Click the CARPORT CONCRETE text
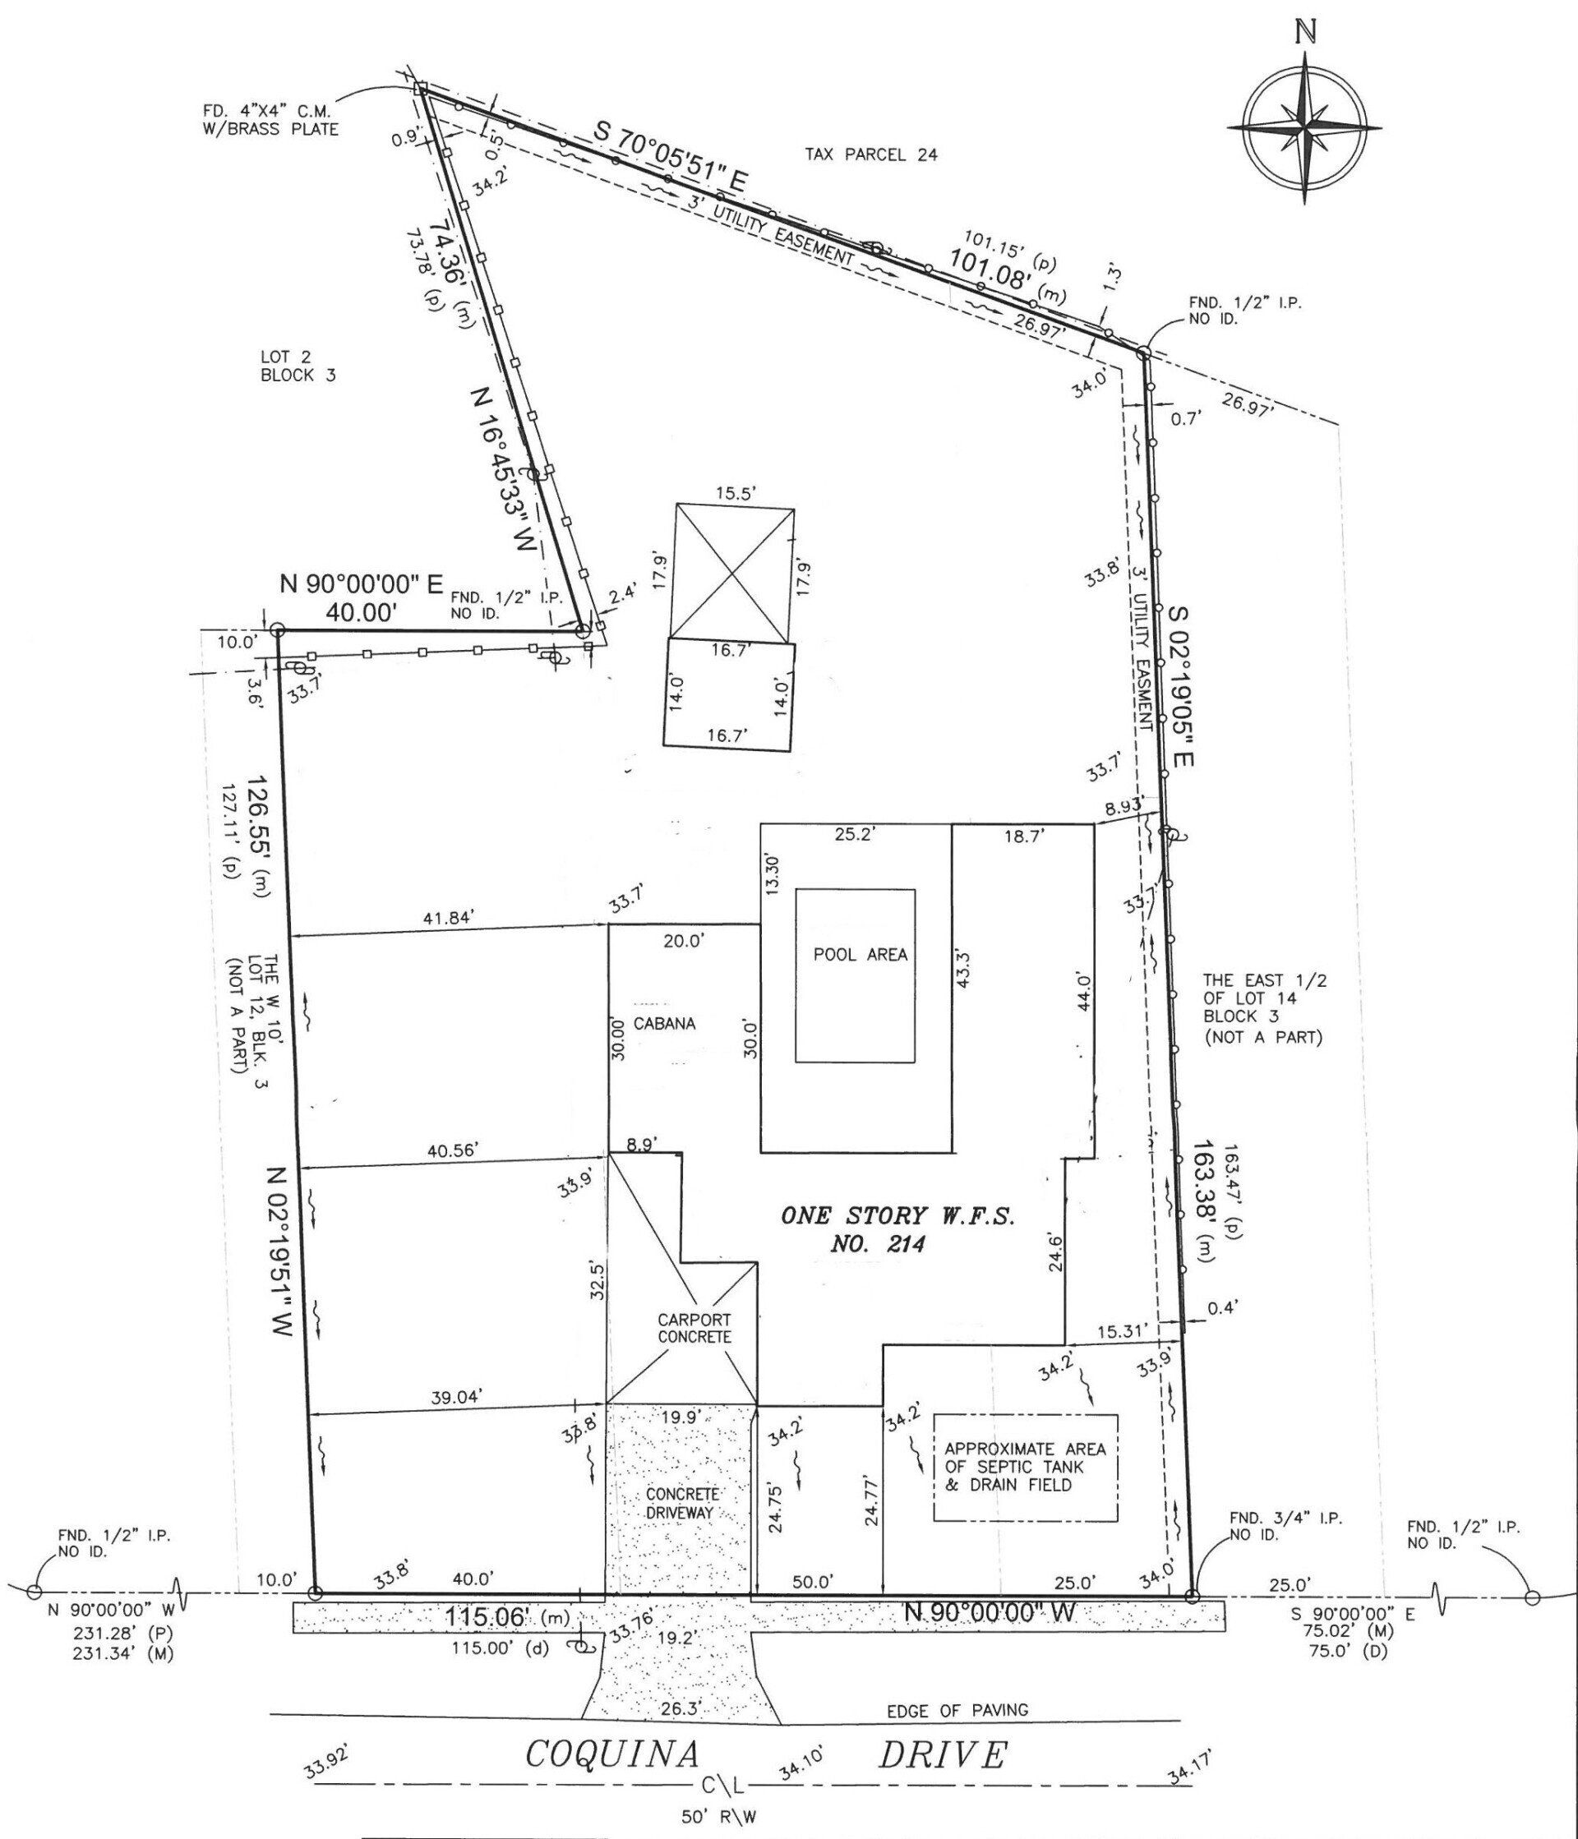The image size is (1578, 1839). [x=694, y=1328]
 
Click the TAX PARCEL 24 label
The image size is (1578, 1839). [x=870, y=154]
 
